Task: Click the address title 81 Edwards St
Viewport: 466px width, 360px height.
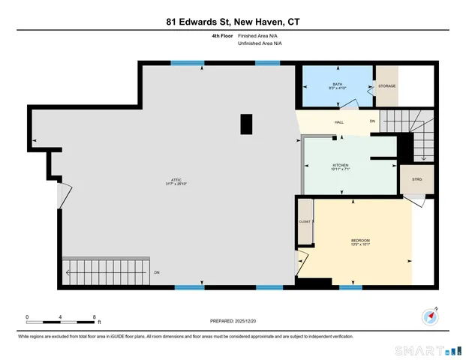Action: tap(233, 22)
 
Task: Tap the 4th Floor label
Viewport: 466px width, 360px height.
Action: tap(221, 36)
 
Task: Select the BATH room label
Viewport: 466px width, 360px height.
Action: tap(336, 84)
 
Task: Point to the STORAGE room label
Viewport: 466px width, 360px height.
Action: tap(386, 86)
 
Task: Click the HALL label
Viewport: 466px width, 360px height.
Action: tap(338, 121)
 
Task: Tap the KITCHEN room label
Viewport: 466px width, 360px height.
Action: tap(341, 166)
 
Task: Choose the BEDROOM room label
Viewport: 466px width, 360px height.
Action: tap(359, 240)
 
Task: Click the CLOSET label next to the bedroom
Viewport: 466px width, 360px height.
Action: tap(304, 222)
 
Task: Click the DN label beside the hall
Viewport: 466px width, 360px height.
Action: tap(371, 121)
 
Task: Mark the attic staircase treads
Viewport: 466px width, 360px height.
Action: tap(101, 269)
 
